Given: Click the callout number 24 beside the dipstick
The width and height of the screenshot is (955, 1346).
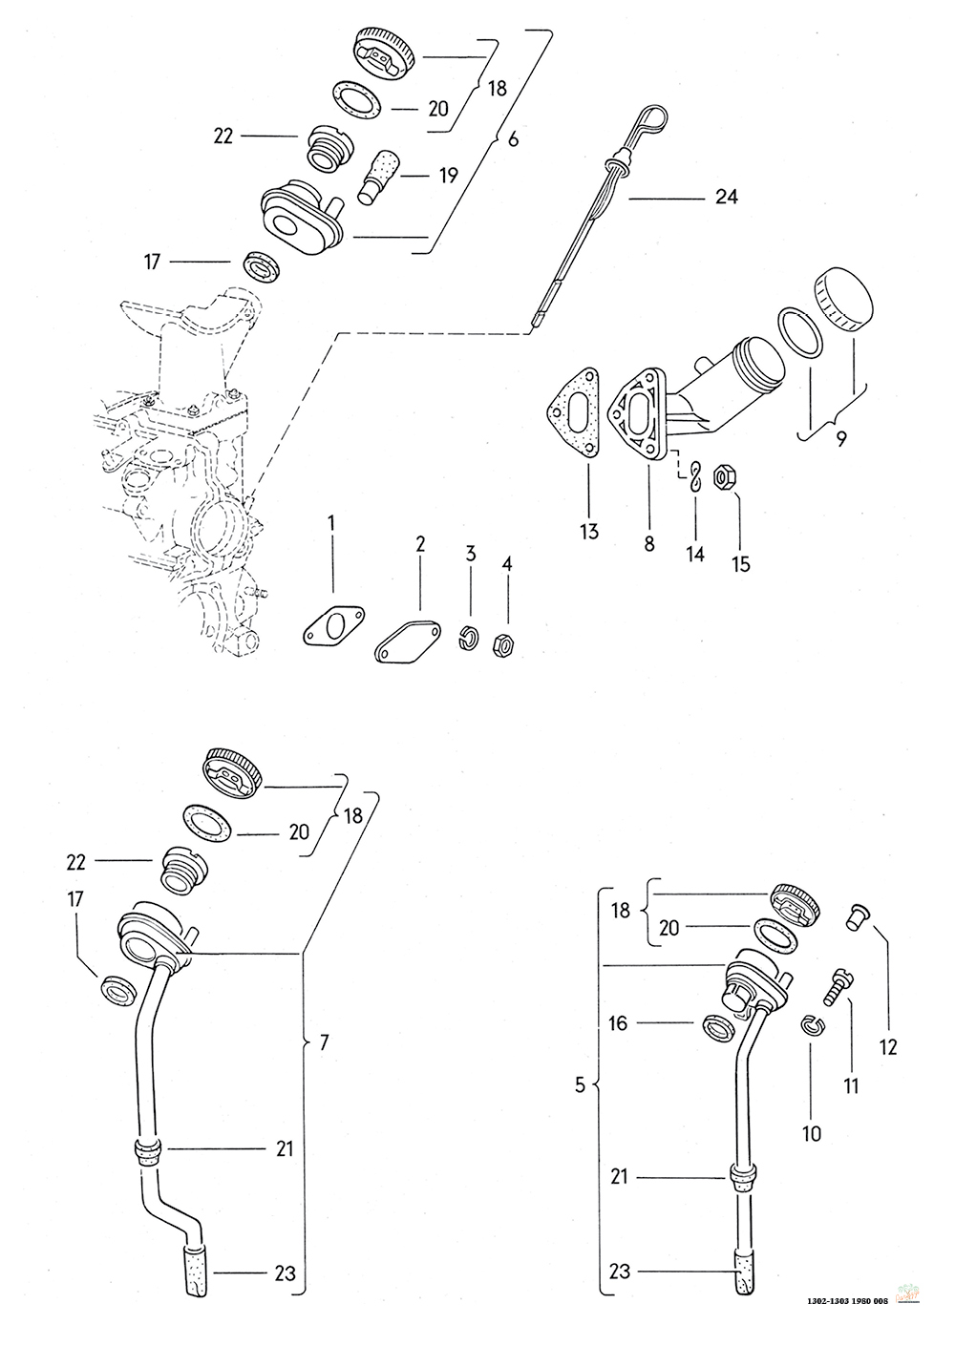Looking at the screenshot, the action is pos(726,197).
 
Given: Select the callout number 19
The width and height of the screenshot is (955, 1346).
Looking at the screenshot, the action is pos(448,176).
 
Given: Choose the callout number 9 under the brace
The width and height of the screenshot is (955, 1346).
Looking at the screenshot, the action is pos(840,440).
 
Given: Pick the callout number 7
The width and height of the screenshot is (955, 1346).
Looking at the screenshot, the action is pos(324,1042).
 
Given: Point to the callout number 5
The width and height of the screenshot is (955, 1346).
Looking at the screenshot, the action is pos(580,1085).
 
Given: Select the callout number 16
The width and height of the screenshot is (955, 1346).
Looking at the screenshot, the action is pos(619,1022).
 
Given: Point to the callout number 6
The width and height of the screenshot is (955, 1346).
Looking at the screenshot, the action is pos(513,139).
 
